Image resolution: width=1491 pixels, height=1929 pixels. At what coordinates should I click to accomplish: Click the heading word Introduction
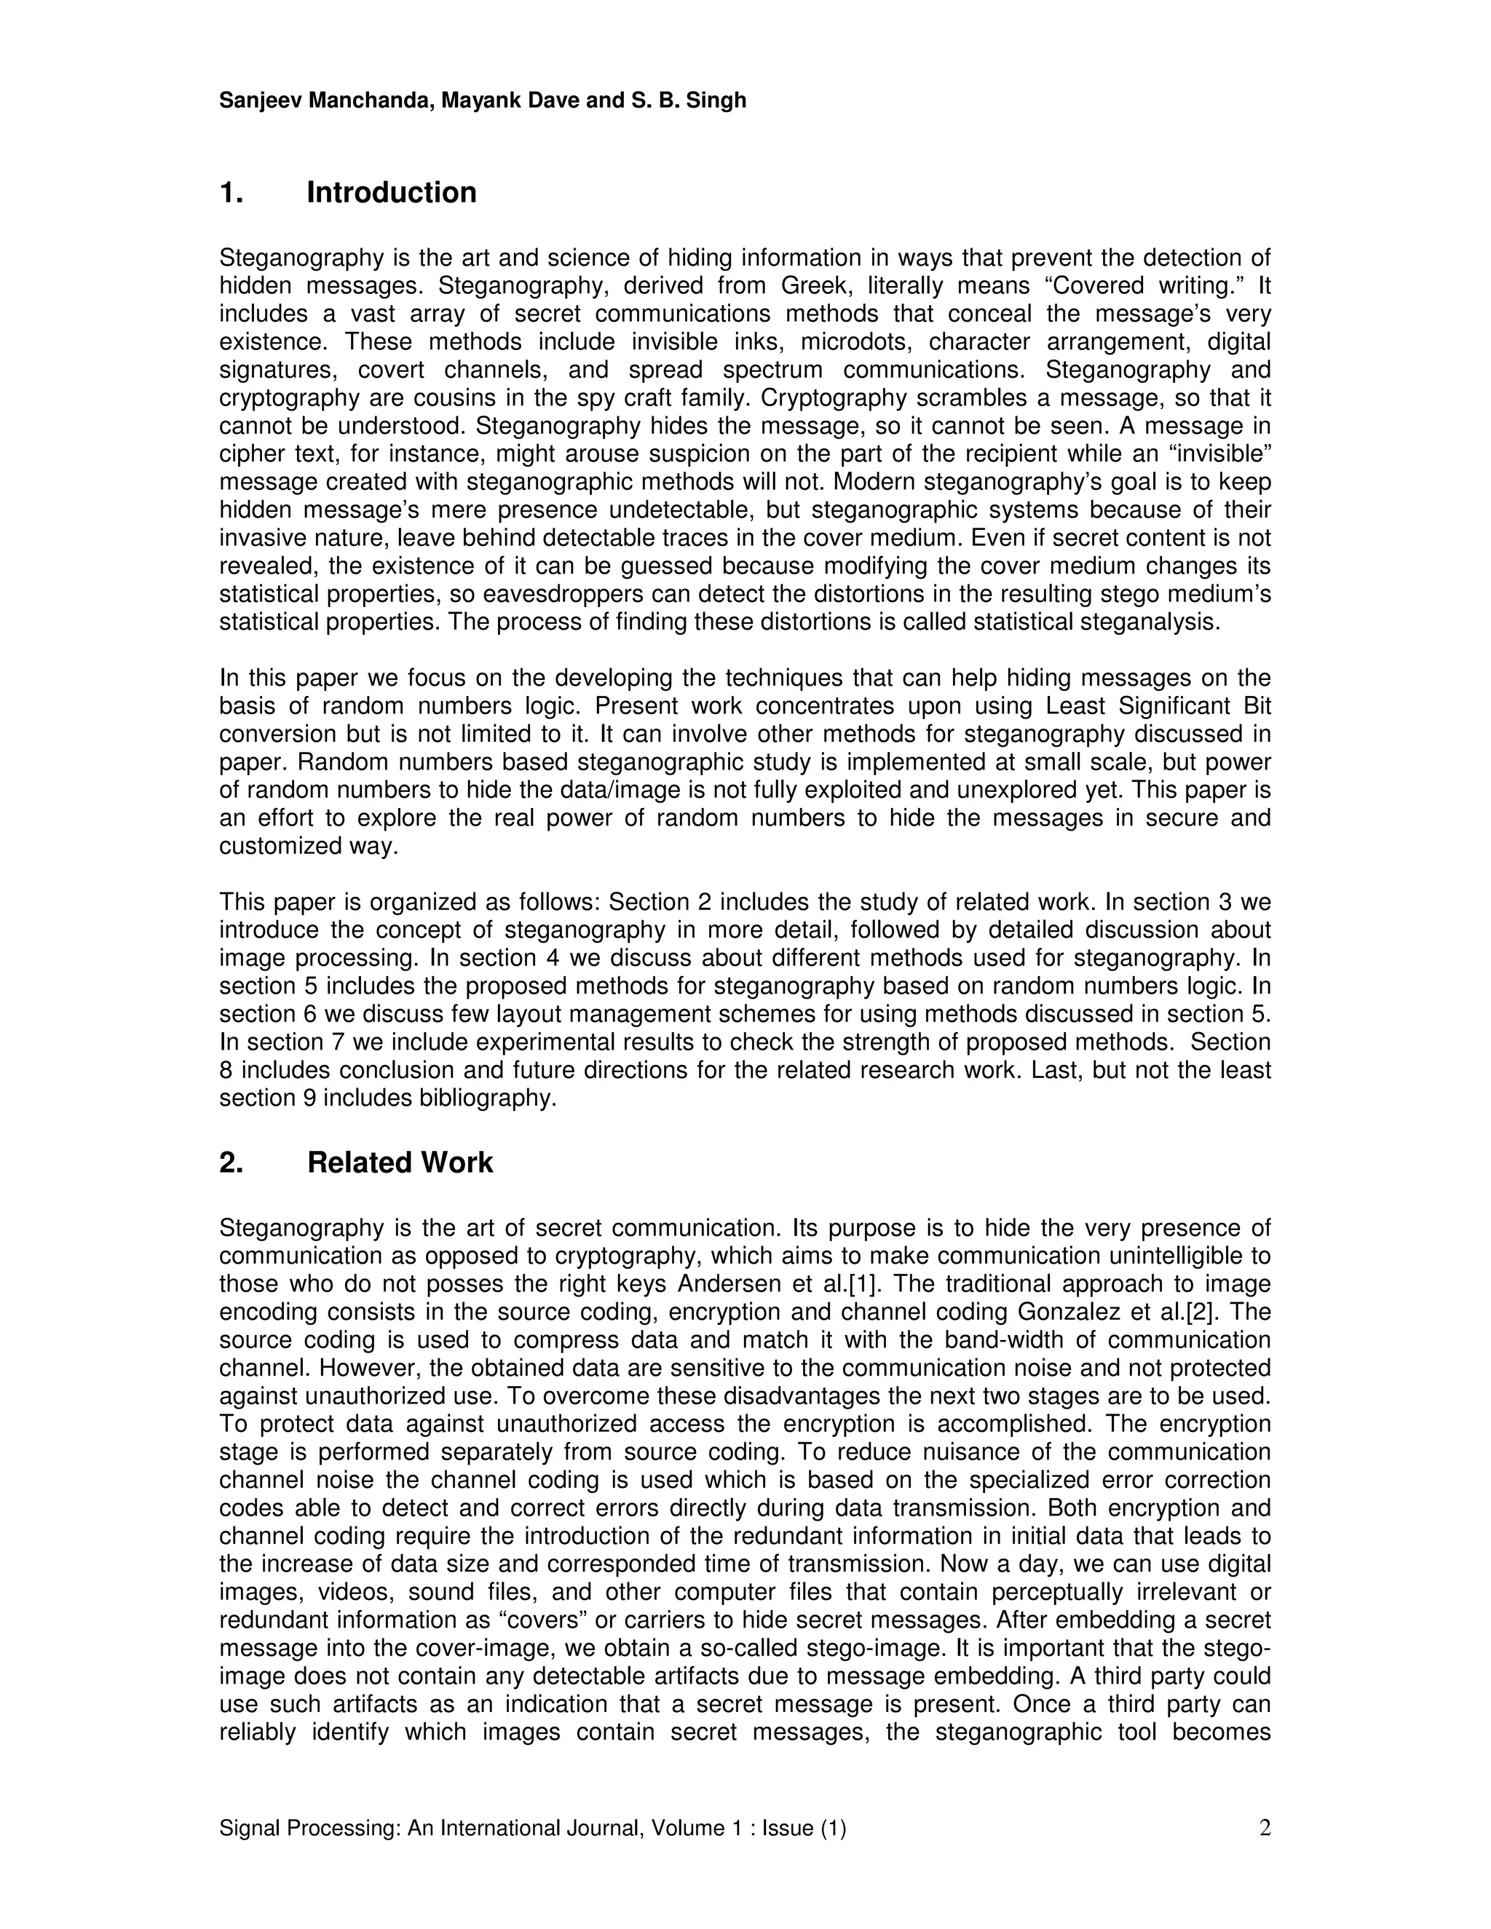[391, 193]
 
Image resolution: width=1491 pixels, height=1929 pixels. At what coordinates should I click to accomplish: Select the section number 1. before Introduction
[232, 193]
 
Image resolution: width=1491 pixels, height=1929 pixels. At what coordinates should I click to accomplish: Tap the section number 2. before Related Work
[232, 1162]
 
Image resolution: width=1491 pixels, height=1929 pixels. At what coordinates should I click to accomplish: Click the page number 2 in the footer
[1264, 1827]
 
